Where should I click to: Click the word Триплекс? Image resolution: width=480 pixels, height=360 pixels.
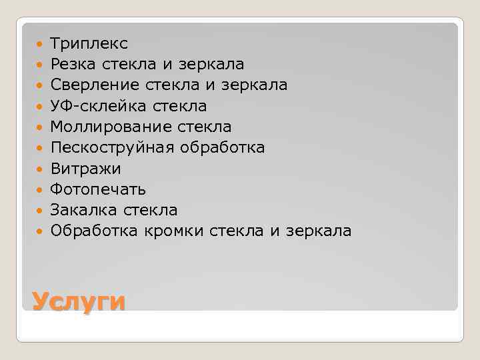pyautogui.click(x=89, y=44)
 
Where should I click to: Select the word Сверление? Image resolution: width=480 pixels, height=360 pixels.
pyautogui.click(x=94, y=85)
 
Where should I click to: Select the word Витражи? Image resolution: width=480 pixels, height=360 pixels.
pyautogui.click(x=85, y=168)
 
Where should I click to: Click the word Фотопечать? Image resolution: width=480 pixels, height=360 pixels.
pyautogui.click(x=98, y=189)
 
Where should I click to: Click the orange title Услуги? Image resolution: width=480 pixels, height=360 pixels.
pyautogui.click(x=79, y=301)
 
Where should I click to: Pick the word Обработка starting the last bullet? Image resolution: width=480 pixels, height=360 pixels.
pyautogui.click(x=94, y=231)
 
